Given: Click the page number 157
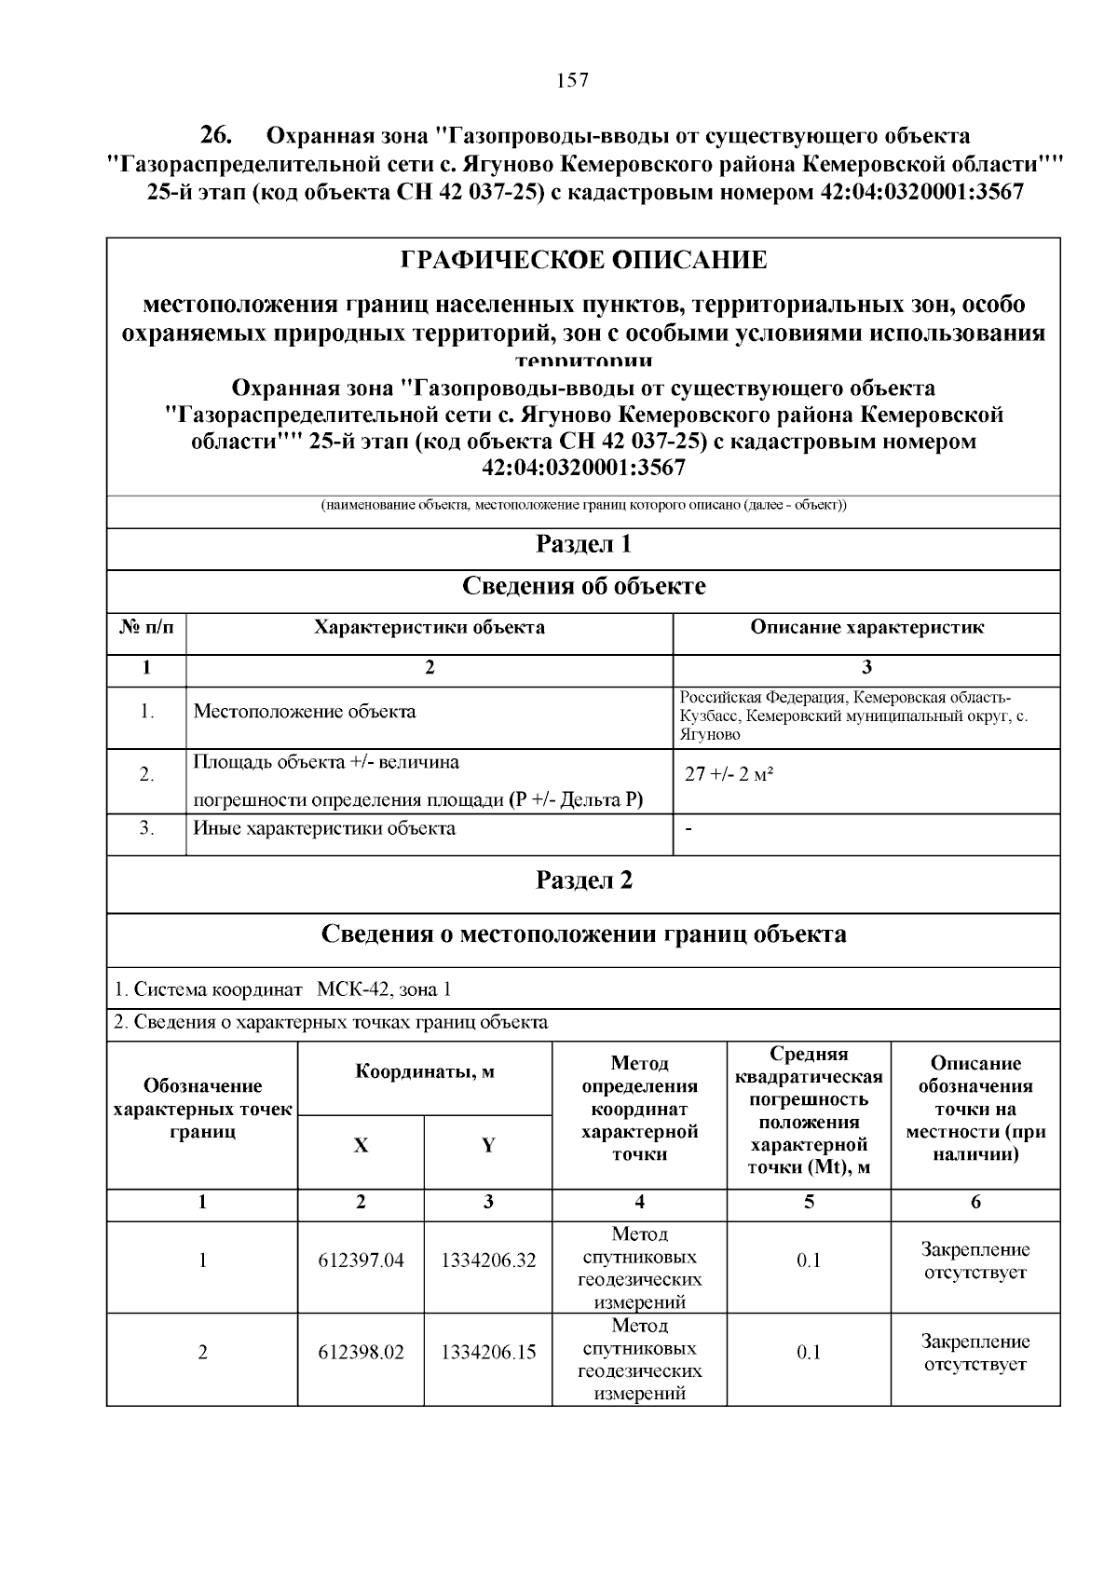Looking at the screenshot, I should tap(572, 80).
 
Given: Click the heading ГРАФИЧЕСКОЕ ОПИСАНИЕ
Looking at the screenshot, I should tap(583, 260).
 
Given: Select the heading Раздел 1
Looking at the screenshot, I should tap(583, 544).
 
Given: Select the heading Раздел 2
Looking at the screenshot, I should tap(583, 880).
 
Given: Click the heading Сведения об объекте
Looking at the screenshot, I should tap(583, 586).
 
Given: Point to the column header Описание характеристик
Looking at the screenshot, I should tap(866, 627).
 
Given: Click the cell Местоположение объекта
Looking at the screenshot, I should tap(305, 712).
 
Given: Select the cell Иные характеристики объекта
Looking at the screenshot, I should tap(324, 828).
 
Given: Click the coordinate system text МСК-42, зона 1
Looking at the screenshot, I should tap(384, 989).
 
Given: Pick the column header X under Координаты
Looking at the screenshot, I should tap(361, 1146).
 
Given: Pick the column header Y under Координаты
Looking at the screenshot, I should tap(488, 1146).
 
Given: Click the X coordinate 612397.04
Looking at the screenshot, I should tap(361, 1261).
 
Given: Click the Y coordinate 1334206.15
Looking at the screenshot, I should tap(488, 1352).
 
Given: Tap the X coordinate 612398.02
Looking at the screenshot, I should tap(361, 1352).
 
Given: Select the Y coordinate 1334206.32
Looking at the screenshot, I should tap(488, 1261).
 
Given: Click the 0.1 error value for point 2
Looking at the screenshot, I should tap(809, 1352).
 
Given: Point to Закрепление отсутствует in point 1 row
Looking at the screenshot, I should tap(975, 1261).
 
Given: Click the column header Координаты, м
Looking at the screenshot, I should tap(425, 1071).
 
